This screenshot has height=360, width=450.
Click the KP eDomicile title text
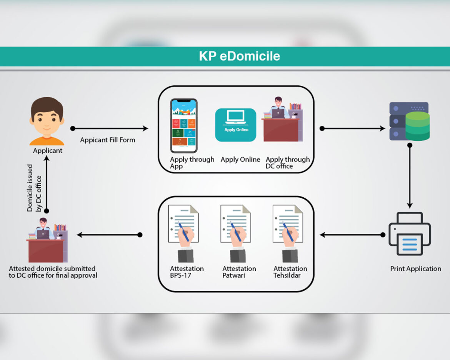pyautogui.click(x=239, y=56)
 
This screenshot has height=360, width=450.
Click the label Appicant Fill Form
pyautogui.click(x=108, y=140)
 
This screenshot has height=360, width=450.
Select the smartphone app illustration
pyautogui.click(x=184, y=126)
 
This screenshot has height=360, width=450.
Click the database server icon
pyautogui.click(x=410, y=121)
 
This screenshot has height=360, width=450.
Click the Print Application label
pyautogui.click(x=416, y=269)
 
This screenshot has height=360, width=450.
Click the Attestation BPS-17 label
pyautogui.click(x=187, y=272)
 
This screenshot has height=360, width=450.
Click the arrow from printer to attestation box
pyautogui.click(x=352, y=235)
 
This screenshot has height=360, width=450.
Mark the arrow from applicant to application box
pyautogui.click(x=110, y=128)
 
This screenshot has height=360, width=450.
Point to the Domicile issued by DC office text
pyautogui.click(x=34, y=188)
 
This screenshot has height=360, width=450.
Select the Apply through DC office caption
pyautogui.click(x=288, y=163)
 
